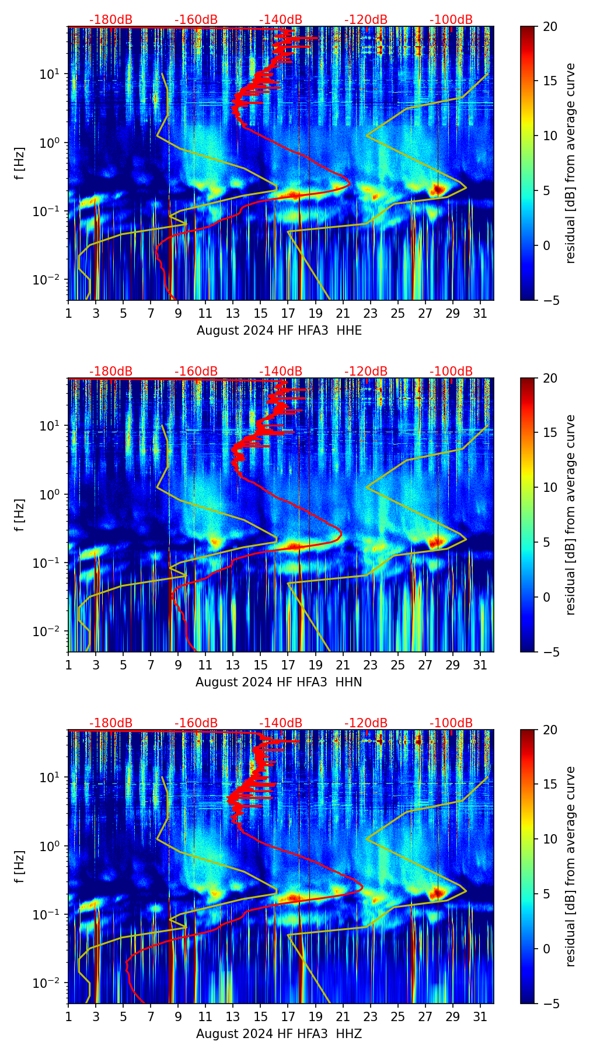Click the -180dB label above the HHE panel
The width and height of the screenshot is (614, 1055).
(111, 20)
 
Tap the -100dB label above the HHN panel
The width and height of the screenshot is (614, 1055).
(451, 372)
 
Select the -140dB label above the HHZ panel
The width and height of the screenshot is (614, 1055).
(281, 723)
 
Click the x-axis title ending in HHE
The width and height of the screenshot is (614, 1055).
(279, 331)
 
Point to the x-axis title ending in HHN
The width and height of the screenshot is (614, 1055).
(278, 682)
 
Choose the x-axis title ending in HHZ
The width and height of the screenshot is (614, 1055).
(278, 1034)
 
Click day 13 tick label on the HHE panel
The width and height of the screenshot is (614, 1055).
(233, 313)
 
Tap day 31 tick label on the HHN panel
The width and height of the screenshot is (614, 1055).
(480, 665)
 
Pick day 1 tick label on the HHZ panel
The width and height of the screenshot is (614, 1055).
(68, 1016)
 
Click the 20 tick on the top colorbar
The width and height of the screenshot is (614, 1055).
(550, 26)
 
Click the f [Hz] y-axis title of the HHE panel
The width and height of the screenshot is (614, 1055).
(20, 164)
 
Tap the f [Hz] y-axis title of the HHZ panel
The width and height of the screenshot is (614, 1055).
(20, 867)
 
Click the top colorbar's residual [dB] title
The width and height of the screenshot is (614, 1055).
(570, 164)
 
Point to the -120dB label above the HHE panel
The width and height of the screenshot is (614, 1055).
(366, 20)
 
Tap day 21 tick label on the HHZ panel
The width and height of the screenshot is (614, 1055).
(343, 1016)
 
